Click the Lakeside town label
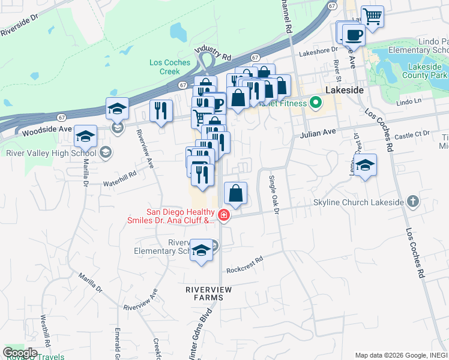coord(345,89)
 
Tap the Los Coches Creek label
coord(170,67)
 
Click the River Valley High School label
coord(51,152)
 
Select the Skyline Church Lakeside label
coord(358,202)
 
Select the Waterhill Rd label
coord(120,177)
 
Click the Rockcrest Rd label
coord(245,265)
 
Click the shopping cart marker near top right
coord(372,16)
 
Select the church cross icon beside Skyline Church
coord(413,202)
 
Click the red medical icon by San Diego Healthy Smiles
coord(223,215)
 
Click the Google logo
coord(20,352)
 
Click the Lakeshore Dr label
coord(316,52)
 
